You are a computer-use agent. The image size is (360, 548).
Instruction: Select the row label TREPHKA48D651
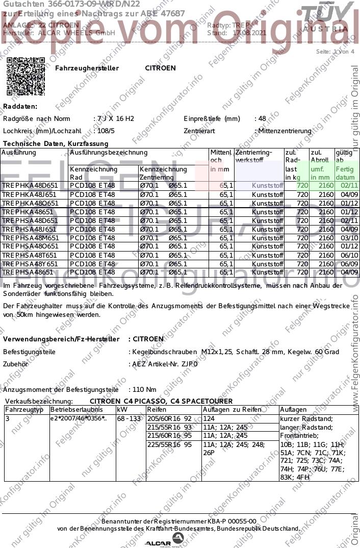30,186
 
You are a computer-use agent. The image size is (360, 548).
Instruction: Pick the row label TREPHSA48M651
30,238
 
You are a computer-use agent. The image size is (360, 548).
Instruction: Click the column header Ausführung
19,153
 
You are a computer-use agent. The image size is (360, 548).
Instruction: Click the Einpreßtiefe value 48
262,119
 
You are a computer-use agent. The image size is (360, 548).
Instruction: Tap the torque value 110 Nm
144,389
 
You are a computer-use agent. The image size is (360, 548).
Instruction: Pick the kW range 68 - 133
128,418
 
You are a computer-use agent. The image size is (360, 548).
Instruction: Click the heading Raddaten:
20,107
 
